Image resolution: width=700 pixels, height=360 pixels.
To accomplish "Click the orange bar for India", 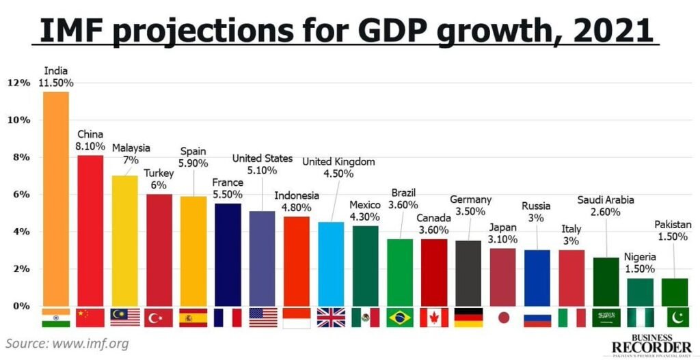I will tap(55, 198).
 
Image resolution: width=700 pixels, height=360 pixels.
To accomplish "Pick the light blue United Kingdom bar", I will tap(331, 264).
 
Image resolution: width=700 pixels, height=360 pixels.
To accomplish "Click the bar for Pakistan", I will tap(675, 292).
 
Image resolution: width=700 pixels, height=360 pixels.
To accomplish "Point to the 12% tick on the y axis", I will tap(18, 83).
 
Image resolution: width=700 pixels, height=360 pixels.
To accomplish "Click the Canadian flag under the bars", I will tap(434, 318).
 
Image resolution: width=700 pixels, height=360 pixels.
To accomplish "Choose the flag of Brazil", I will tap(400, 318).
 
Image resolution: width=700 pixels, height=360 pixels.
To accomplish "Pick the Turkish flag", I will tap(159, 318).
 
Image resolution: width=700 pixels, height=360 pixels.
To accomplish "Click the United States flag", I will tap(262, 318).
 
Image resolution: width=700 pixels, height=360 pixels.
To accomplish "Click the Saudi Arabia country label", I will tap(606, 200).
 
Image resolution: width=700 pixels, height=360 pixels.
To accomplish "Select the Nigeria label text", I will tap(640, 257).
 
